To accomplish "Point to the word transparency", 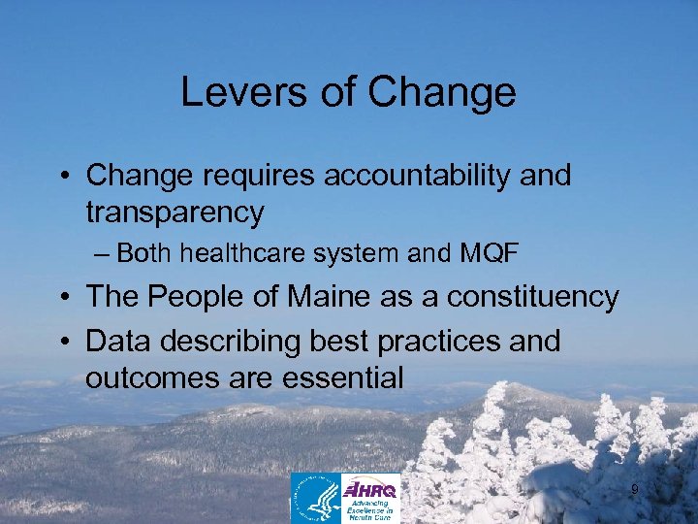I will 174,212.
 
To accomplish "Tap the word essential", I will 343,377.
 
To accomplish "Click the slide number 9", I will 635,490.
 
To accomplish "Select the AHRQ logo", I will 371,498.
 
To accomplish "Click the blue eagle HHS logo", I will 316,498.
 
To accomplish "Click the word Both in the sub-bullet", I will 145,254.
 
